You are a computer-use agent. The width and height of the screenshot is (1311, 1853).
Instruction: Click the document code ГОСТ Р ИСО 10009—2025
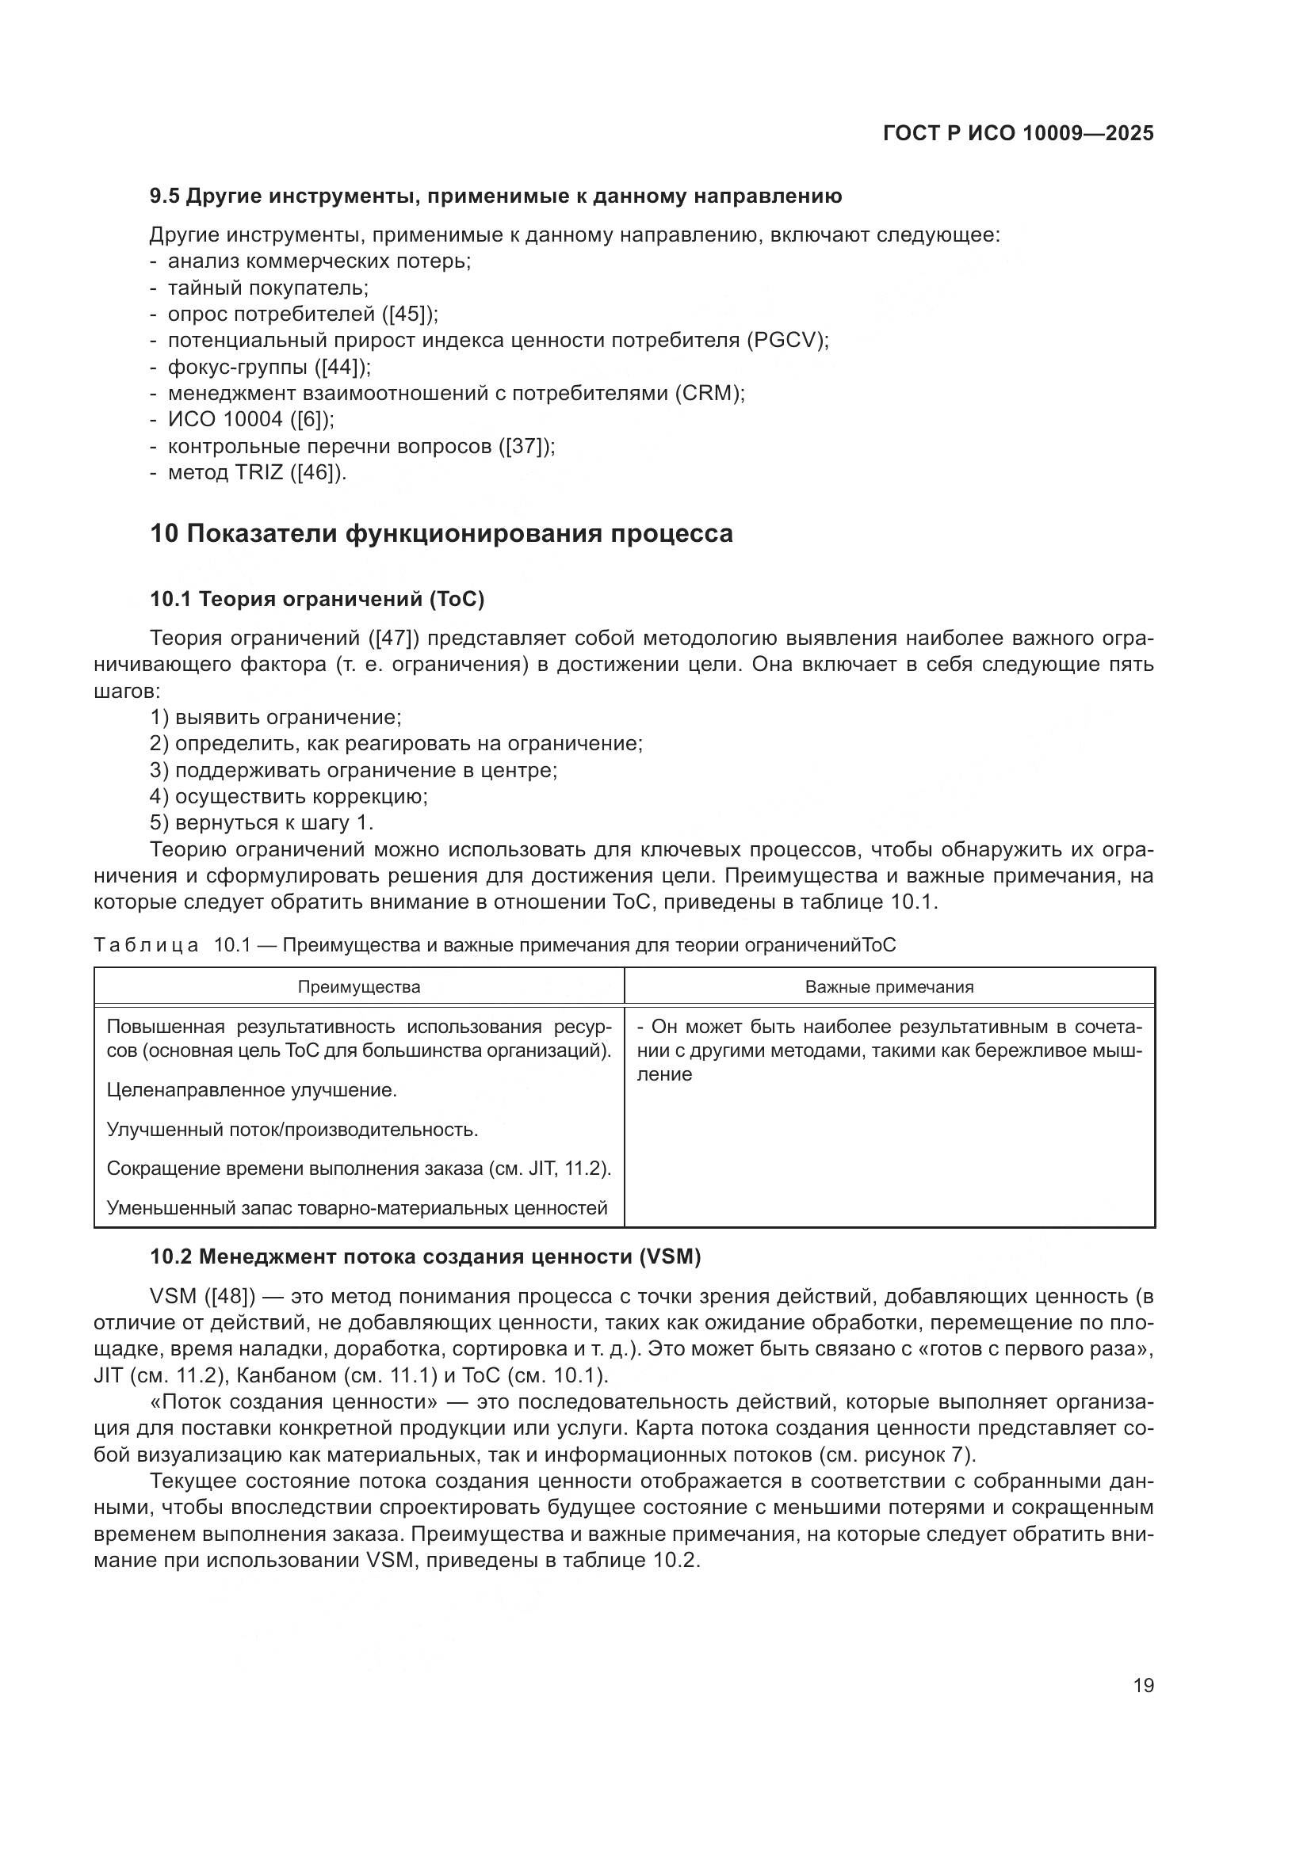[1019, 134]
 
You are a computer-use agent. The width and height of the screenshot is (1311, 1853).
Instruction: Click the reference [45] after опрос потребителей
[409, 314]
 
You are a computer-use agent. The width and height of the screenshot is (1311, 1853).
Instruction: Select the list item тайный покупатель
[267, 288]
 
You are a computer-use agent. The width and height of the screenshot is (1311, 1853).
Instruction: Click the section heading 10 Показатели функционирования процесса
[441, 534]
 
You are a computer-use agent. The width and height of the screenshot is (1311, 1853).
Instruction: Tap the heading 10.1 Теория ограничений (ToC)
[316, 599]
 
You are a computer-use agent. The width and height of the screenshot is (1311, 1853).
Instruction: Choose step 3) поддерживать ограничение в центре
[354, 770]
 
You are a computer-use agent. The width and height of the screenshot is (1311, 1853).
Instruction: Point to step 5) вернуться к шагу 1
[262, 822]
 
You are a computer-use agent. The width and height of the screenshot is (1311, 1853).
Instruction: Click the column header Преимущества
[359, 987]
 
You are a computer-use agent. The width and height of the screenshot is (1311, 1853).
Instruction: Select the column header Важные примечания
[889, 987]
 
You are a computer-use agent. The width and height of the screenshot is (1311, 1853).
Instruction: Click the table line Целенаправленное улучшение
[251, 1090]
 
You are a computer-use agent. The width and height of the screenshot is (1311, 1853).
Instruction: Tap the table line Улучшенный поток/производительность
[292, 1130]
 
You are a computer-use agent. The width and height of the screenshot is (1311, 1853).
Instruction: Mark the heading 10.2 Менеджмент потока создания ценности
[426, 1256]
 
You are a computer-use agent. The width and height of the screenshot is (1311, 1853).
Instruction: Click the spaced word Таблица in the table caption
[146, 945]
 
